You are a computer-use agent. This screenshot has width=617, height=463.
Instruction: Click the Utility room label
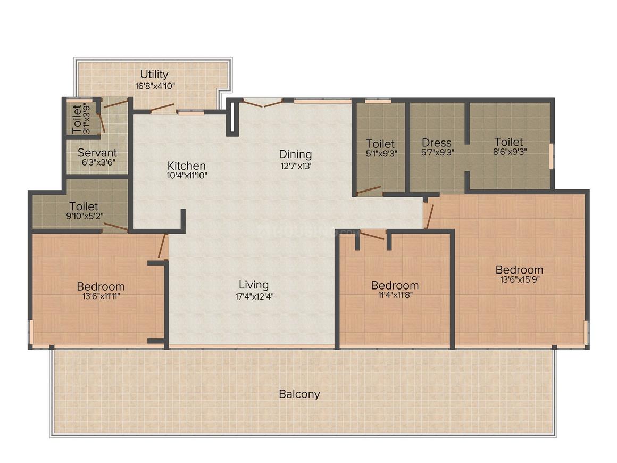pos(154,74)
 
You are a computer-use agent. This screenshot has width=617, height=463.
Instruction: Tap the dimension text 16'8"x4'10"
pos(155,86)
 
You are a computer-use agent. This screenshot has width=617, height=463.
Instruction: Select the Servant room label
pos(97,152)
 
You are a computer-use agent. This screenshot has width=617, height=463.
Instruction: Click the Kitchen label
pos(187,166)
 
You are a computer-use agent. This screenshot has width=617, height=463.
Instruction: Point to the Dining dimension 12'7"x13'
pos(296,166)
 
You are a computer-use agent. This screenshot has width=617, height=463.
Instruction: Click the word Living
pos(254,285)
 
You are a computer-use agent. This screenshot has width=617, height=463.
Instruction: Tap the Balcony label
pos(299,394)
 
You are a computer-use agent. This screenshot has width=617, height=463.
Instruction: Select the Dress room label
pos(436,143)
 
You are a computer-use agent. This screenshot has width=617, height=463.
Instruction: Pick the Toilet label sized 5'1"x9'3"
pos(380,144)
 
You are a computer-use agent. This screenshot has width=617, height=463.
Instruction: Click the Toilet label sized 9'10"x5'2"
pos(84,206)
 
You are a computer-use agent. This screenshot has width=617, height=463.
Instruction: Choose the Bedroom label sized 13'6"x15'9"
pos(520,270)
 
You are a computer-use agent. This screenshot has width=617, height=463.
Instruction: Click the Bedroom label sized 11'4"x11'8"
pos(395,285)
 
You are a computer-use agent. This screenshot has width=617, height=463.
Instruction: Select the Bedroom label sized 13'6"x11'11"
pos(101,286)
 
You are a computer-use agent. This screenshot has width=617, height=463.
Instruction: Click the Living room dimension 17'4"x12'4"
pos(254,296)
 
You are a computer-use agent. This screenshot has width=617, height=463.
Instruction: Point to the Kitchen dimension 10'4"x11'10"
pos(187,176)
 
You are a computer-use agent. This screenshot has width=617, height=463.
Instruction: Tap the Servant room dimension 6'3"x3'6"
pos(98,162)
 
